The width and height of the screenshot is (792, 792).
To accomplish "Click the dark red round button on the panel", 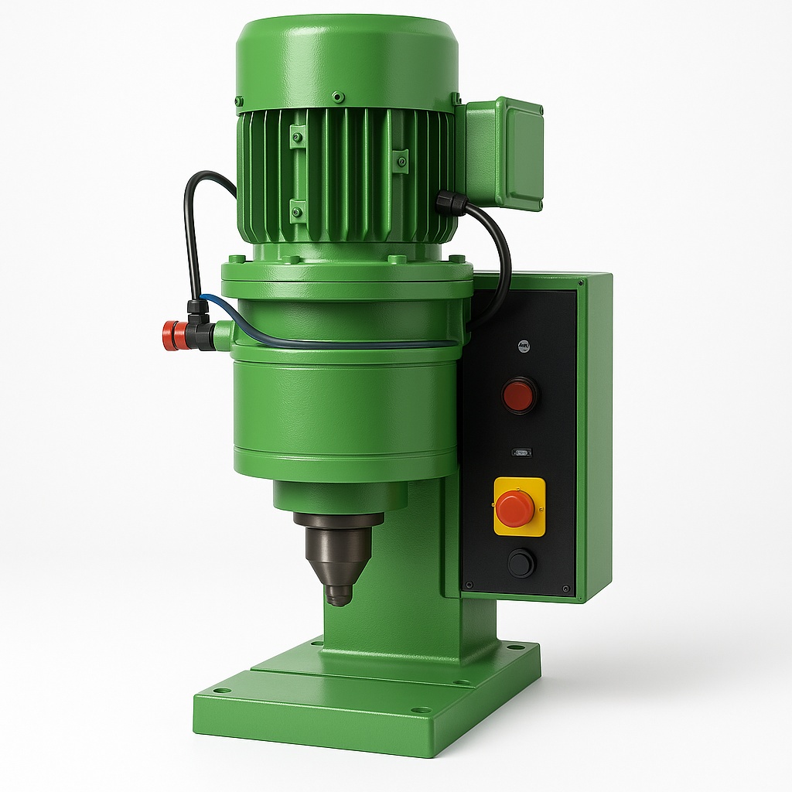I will (x=519, y=395).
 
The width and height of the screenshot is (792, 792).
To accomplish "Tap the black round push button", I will (x=521, y=562).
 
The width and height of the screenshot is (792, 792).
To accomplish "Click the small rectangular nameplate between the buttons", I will (x=521, y=452).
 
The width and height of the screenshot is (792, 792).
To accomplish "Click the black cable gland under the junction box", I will (x=450, y=203).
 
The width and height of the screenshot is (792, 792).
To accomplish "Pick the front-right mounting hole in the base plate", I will (x=421, y=709).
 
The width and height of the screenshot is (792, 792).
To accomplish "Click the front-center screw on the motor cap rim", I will (x=337, y=97).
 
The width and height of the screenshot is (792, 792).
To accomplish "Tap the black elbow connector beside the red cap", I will (x=200, y=325).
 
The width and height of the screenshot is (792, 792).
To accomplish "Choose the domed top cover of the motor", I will (x=346, y=54).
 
